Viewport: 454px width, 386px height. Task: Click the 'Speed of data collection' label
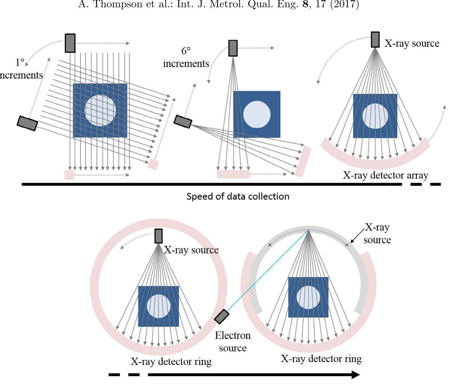(x=238, y=197)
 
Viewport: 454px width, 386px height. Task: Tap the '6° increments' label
(x=186, y=57)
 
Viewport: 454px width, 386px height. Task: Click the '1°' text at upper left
(x=20, y=63)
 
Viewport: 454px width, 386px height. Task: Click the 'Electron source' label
(x=232, y=342)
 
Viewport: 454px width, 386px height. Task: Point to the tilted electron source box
(x=222, y=316)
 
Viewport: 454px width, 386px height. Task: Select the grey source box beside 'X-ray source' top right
(x=375, y=40)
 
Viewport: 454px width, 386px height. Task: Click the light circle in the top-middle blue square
(x=257, y=114)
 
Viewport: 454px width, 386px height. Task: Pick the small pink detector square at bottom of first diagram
(x=69, y=175)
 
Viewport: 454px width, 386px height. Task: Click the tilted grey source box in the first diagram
(x=27, y=123)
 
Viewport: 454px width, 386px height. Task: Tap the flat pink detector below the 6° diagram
(x=233, y=174)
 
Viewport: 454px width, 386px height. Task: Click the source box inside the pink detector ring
(x=158, y=236)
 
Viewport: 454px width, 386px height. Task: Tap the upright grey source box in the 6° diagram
(x=233, y=48)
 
